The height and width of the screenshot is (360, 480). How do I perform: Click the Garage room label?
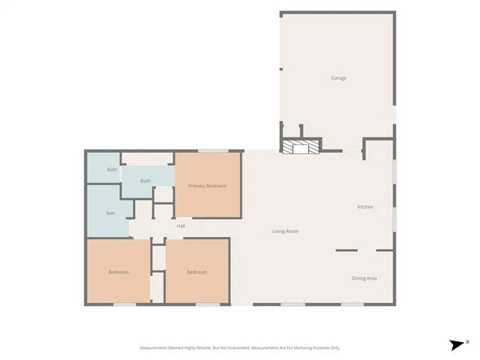pyautogui.click(x=339, y=78)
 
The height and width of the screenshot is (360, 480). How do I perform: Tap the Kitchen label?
pyautogui.click(x=365, y=207)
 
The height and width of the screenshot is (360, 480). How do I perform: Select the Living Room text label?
pyautogui.click(x=285, y=232)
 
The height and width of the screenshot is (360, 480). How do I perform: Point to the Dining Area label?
pyautogui.click(x=364, y=278)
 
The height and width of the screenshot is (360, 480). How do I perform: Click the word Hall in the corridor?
pyautogui.click(x=181, y=226)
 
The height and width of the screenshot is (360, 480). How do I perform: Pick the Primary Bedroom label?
pyautogui.click(x=207, y=186)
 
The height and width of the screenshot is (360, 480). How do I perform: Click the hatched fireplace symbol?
pyautogui.click(x=301, y=147)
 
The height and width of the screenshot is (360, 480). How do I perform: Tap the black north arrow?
pyautogui.click(x=457, y=345)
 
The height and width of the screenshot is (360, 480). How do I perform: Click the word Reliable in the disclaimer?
pyautogui.click(x=205, y=348)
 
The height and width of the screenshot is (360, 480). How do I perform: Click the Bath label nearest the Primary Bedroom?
pyautogui.click(x=145, y=181)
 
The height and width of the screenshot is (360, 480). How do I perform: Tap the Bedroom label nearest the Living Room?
pyautogui.click(x=196, y=272)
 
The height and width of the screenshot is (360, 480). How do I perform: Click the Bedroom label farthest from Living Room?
pyautogui.click(x=118, y=272)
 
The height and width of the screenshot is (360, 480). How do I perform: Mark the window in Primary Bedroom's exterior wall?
pyautogui.click(x=213, y=151)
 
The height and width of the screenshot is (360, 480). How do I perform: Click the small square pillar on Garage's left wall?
pyautogui.click(x=281, y=69)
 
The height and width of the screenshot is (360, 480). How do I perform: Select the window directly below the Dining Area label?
pyautogui.click(x=352, y=304)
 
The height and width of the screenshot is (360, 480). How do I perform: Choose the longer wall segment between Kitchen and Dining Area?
pyautogui.click(x=346, y=250)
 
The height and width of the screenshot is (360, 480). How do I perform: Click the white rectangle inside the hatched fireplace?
pyautogui.click(x=300, y=148)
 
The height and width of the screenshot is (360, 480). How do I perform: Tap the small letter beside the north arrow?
pyautogui.click(x=468, y=342)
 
